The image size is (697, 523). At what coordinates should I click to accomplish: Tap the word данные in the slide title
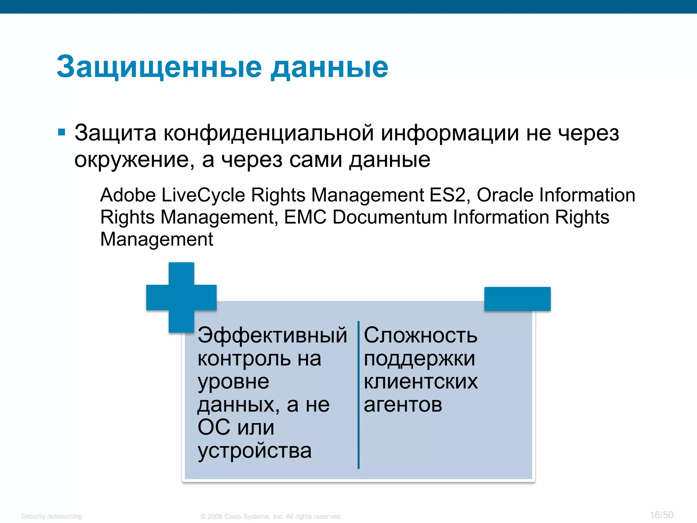[329, 67]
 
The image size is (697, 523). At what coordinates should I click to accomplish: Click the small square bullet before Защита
[62, 132]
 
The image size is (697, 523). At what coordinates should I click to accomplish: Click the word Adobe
[128, 195]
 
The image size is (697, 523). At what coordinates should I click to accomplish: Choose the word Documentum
[390, 217]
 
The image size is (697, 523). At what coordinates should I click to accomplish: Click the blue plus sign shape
[181, 297]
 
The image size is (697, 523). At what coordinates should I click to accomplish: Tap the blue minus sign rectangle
[517, 299]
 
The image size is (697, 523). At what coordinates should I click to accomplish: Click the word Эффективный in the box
[272, 335]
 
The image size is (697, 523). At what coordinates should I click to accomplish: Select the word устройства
[254, 451]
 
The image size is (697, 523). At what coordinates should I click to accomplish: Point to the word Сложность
[421, 335]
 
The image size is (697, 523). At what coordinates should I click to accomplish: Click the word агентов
[403, 405]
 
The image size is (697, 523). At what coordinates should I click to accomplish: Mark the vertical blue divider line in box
[358, 395]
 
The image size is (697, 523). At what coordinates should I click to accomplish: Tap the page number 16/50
[661, 515]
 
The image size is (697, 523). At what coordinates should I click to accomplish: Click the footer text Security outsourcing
[51, 516]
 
